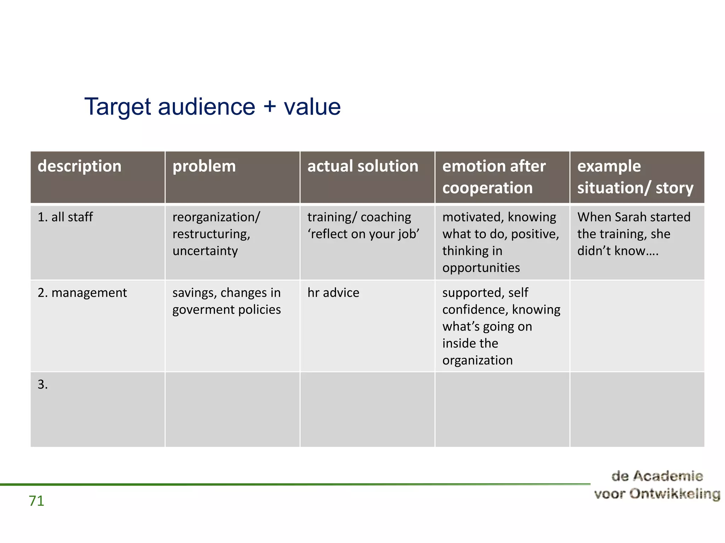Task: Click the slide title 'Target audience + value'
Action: click(212, 106)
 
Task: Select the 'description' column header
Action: click(79, 166)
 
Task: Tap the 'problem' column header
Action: click(204, 166)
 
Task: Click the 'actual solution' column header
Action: click(362, 166)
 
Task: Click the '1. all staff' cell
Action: click(65, 217)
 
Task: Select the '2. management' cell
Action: click(82, 293)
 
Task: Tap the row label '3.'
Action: click(42, 385)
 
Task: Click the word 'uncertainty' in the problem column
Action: click(205, 251)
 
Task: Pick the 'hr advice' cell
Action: click(333, 293)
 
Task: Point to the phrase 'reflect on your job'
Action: click(363, 234)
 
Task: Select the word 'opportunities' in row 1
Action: click(481, 268)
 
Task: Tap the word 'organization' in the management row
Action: click(477, 360)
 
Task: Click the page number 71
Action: click(36, 501)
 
